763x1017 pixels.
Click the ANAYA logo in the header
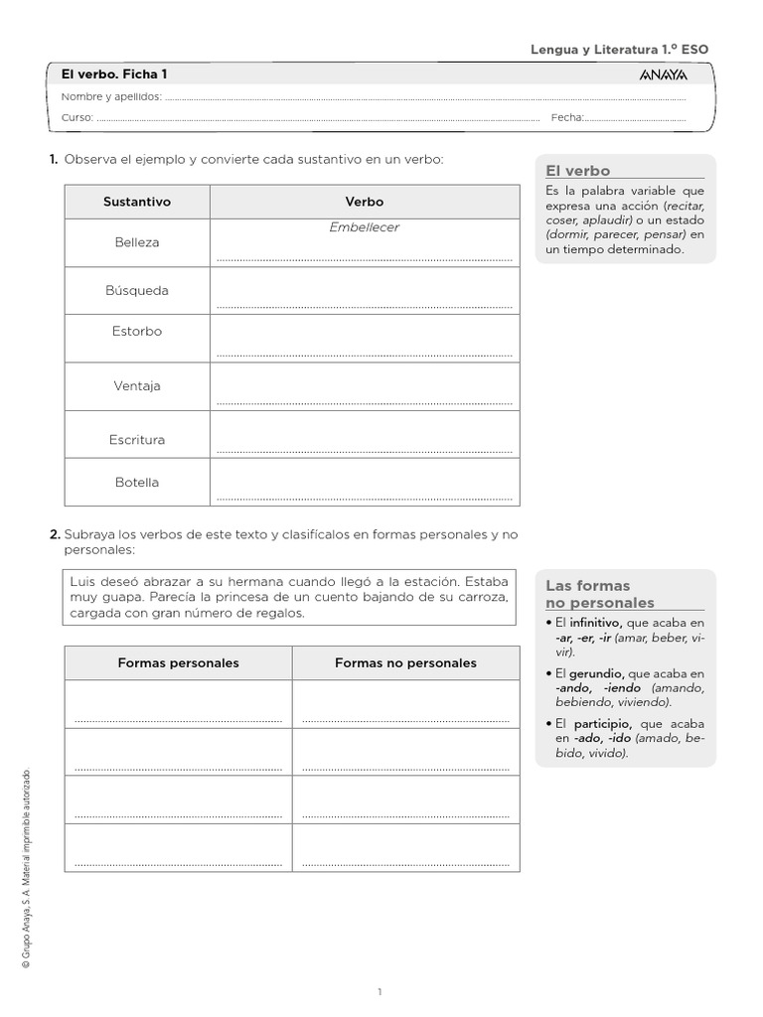click(x=663, y=75)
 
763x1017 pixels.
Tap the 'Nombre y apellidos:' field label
click(x=111, y=96)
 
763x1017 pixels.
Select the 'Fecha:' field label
click(x=566, y=117)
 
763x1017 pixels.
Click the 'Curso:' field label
click(x=77, y=117)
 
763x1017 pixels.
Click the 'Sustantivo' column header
click(x=137, y=202)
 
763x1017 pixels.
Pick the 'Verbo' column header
click(x=364, y=202)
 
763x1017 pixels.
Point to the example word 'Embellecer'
click(x=364, y=227)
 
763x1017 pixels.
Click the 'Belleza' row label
click(x=137, y=242)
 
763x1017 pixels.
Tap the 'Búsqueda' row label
click(x=137, y=291)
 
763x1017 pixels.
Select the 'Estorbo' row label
click(x=137, y=332)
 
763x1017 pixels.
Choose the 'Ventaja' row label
click(x=137, y=386)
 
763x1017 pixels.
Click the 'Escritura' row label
click(x=137, y=440)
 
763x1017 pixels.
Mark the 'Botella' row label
click(x=137, y=483)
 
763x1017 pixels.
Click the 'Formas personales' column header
click(x=178, y=662)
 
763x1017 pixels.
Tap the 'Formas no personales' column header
click(x=405, y=662)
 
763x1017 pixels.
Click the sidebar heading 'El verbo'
click(x=578, y=171)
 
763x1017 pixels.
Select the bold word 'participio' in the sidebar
click(x=602, y=724)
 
